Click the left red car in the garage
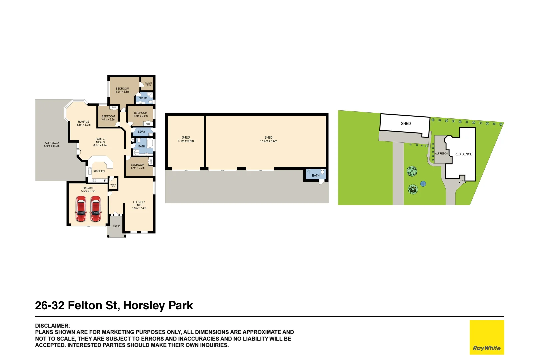click(81, 209)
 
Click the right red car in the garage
click(96, 209)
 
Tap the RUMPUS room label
click(83, 123)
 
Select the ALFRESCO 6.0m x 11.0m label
click(52, 144)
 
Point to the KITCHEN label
click(99, 171)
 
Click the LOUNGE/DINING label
click(139, 205)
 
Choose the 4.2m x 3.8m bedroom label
click(122, 90)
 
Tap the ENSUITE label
click(143, 98)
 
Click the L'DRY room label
click(142, 132)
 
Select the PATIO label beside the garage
click(116, 226)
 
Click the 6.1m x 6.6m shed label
click(186, 139)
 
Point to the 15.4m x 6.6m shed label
click(269, 139)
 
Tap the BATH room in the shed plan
click(316, 175)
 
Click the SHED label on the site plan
click(406, 124)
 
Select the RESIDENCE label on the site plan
click(463, 154)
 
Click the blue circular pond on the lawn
click(423, 183)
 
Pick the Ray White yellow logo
click(487, 337)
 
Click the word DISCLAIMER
click(52, 326)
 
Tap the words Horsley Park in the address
click(158, 305)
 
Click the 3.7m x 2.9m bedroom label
click(137, 166)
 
